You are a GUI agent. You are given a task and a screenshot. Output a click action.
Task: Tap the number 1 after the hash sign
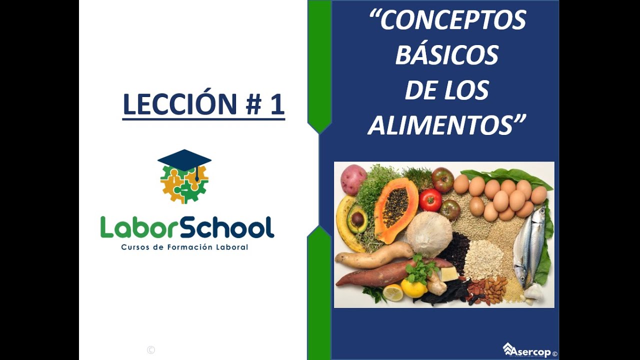[x=277, y=104]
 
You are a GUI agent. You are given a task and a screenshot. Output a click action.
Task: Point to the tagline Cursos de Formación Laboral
[x=184, y=247]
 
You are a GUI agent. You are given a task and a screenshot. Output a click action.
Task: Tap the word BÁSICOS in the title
[x=447, y=55]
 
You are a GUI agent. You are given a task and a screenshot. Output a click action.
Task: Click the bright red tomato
[x=430, y=200]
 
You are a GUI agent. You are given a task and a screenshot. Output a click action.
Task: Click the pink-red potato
[x=353, y=179]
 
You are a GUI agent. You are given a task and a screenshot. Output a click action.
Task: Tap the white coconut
[x=428, y=233]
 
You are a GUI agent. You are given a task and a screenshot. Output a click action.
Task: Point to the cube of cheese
[x=449, y=273]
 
